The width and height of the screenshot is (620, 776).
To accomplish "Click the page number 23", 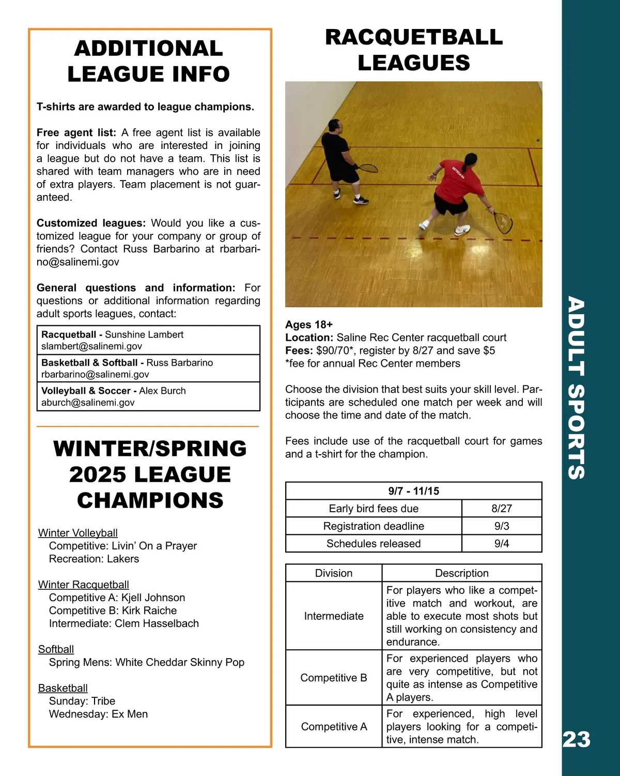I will pos(576,739).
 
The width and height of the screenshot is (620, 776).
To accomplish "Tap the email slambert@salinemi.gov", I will pos(91,347).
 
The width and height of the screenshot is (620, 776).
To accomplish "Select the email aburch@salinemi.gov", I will pos(88,402).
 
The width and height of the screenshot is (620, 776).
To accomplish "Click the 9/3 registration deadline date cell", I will pos(501,526).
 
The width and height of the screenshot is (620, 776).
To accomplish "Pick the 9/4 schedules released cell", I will pos(501,544).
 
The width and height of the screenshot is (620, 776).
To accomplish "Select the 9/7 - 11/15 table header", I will pos(413,491).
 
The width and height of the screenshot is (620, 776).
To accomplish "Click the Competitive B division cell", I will pos(334,678).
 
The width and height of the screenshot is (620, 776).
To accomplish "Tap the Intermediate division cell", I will pos(334,616).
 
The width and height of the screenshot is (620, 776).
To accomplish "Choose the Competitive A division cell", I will pos(334,727).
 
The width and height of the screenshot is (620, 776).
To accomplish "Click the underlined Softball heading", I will pos(56,649).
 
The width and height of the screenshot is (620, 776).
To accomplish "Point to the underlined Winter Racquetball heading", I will pos(84,585).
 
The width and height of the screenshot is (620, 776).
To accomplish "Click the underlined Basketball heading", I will pos(63,688).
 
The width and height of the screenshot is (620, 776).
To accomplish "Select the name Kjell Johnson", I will pos(153,598).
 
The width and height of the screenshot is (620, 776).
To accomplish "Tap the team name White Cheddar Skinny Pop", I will pos(180,662).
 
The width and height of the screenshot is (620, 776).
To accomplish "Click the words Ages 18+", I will pos(309,325).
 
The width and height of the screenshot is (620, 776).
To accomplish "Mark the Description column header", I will pos(461,573).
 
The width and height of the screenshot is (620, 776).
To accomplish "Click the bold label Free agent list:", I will pos(76,133).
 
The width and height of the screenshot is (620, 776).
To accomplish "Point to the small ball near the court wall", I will pos(538,140).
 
